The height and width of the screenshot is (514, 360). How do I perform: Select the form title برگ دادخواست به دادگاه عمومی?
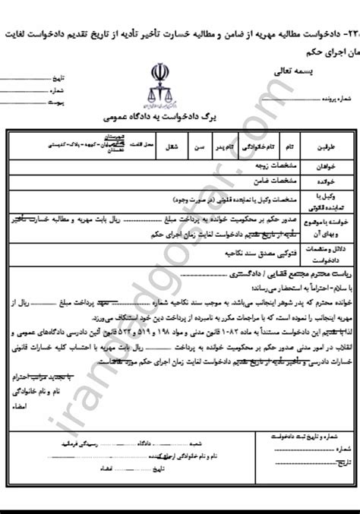(179, 119)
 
